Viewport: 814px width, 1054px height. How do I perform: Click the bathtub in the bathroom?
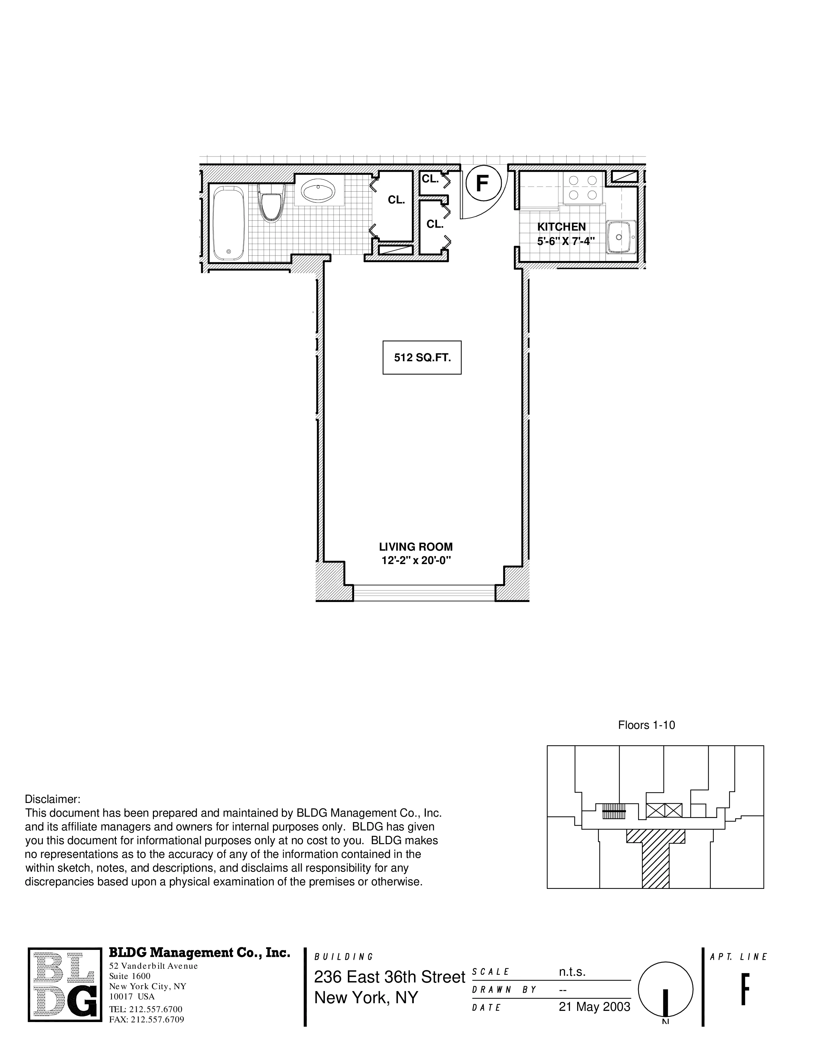(228, 223)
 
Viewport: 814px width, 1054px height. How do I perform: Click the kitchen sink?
(621, 237)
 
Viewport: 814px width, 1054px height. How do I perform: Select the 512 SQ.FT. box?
(422, 358)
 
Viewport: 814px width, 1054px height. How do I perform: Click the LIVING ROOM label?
(416, 547)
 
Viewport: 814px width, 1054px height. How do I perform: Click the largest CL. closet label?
(396, 200)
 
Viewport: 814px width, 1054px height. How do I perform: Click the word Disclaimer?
(53, 799)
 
